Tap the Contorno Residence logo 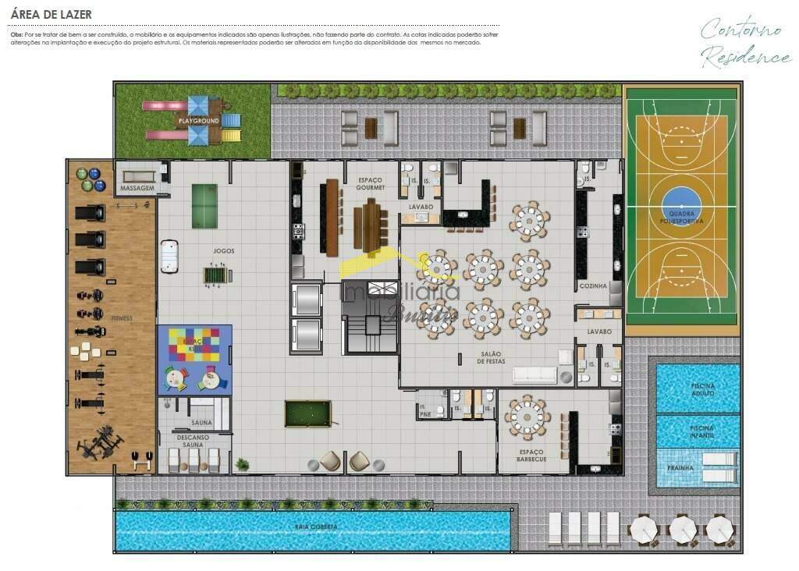pyautogui.click(x=744, y=43)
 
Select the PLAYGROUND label pyautogui.click(x=198, y=121)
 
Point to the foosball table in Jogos pyautogui.click(x=212, y=275)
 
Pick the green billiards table pyautogui.click(x=307, y=413)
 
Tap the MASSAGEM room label pyautogui.click(x=137, y=189)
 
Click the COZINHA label pyautogui.click(x=593, y=286)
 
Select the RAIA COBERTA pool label pyautogui.click(x=316, y=527)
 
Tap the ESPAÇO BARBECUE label pyautogui.click(x=531, y=456)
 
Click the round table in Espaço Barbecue pyautogui.click(x=528, y=417)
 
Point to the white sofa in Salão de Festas pyautogui.click(x=534, y=374)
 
